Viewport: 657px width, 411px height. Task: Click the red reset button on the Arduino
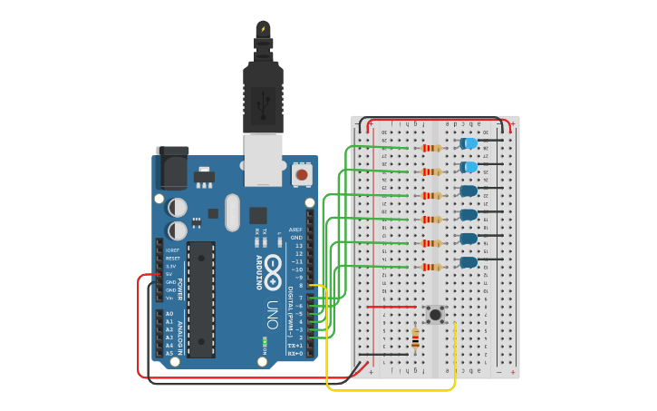click(301, 173)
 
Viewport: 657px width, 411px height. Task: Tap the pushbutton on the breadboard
click(435, 315)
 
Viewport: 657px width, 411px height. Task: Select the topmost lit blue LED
click(469, 143)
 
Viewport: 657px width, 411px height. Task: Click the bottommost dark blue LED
click(468, 262)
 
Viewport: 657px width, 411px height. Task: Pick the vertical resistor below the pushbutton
click(415, 339)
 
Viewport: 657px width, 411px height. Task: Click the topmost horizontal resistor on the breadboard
click(431, 148)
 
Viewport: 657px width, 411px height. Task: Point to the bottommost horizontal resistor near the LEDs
click(431, 267)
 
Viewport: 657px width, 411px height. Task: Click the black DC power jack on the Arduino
click(171, 169)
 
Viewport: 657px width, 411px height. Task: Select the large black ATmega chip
click(201, 298)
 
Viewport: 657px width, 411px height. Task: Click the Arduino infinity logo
click(272, 271)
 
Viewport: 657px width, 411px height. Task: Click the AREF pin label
click(295, 230)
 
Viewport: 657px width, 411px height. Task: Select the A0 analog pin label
click(169, 314)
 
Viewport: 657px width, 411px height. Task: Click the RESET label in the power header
click(172, 258)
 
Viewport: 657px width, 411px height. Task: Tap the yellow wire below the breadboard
click(390, 390)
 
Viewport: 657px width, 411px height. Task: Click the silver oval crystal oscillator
click(233, 212)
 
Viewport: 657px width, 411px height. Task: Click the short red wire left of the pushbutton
click(391, 307)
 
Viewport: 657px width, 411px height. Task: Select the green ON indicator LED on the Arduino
click(265, 341)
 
